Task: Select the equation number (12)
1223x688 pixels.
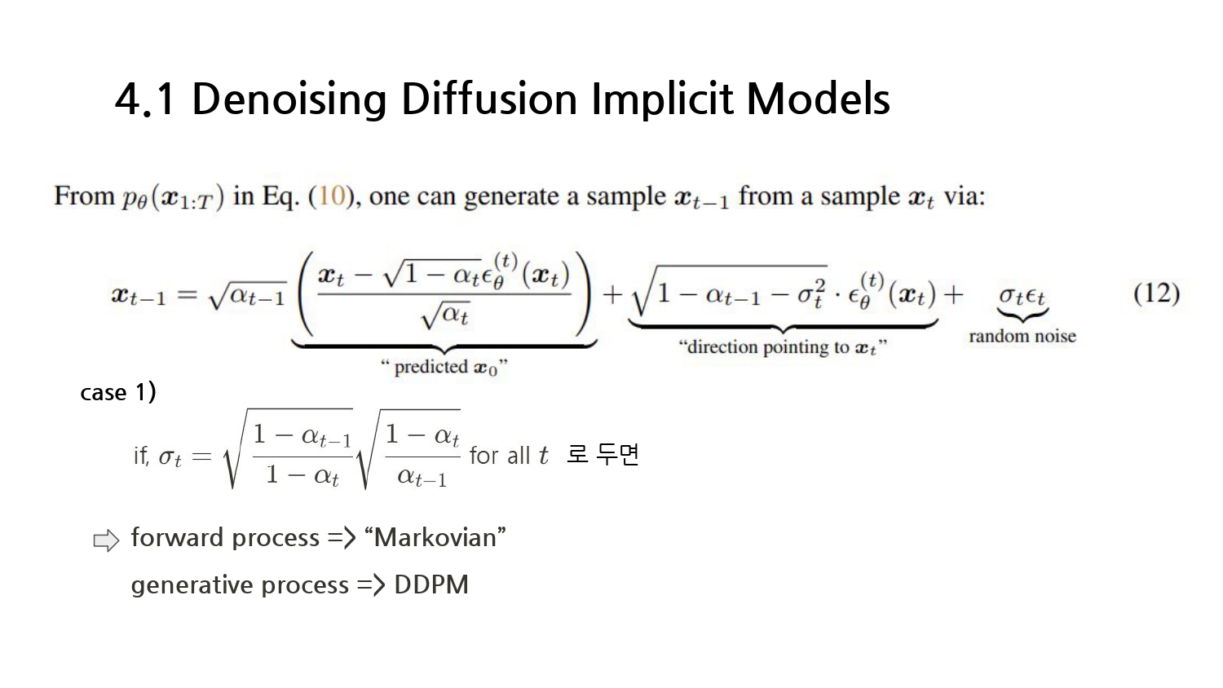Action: [1156, 293]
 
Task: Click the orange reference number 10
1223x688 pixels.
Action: [331, 196]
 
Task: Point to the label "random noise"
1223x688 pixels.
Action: [1022, 336]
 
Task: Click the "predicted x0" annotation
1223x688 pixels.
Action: [444, 368]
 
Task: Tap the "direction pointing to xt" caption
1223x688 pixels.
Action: [782, 347]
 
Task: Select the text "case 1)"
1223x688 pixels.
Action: [118, 393]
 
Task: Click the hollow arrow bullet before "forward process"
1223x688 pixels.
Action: [106, 540]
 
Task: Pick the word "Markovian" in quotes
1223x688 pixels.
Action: [435, 538]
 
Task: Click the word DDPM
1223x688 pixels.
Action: [430, 585]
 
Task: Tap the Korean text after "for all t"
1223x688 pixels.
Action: [603, 454]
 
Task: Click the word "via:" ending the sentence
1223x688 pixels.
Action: [965, 196]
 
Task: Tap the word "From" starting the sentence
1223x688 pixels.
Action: [84, 196]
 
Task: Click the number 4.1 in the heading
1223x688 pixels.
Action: [145, 99]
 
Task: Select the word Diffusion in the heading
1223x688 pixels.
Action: [489, 99]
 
